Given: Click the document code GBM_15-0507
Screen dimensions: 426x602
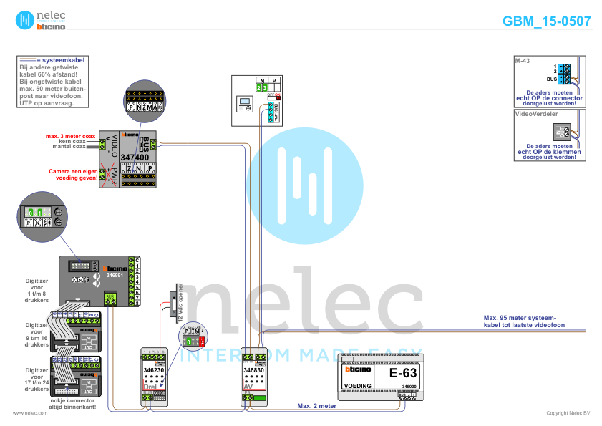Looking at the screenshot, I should [x=547, y=21].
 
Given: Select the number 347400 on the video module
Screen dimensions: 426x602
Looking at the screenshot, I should [x=135, y=157].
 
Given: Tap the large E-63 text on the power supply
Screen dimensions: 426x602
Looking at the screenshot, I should [x=402, y=373].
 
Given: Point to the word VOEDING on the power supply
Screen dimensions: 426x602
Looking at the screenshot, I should [x=358, y=386].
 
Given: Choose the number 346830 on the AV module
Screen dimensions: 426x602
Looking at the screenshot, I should [x=255, y=370].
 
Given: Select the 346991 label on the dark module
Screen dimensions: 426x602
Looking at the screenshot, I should [x=115, y=274].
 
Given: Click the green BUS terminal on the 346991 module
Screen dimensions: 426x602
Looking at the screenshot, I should [x=110, y=299].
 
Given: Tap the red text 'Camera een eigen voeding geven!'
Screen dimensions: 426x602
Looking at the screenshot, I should [x=72, y=174].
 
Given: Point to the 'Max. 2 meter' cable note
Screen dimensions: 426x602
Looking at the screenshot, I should [x=316, y=405].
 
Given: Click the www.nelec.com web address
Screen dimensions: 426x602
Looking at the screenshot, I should [x=25, y=413].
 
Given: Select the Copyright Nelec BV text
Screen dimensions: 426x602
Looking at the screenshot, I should [x=568, y=413].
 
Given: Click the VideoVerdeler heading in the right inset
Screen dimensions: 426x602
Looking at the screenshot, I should [x=531, y=113].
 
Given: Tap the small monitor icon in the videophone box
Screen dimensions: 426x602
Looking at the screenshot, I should [x=245, y=103].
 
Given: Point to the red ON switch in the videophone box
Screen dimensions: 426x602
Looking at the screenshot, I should [x=273, y=95].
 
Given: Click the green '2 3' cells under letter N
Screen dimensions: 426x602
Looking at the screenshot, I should [x=261, y=87].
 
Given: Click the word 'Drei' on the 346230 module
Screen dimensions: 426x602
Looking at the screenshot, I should [x=150, y=387].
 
